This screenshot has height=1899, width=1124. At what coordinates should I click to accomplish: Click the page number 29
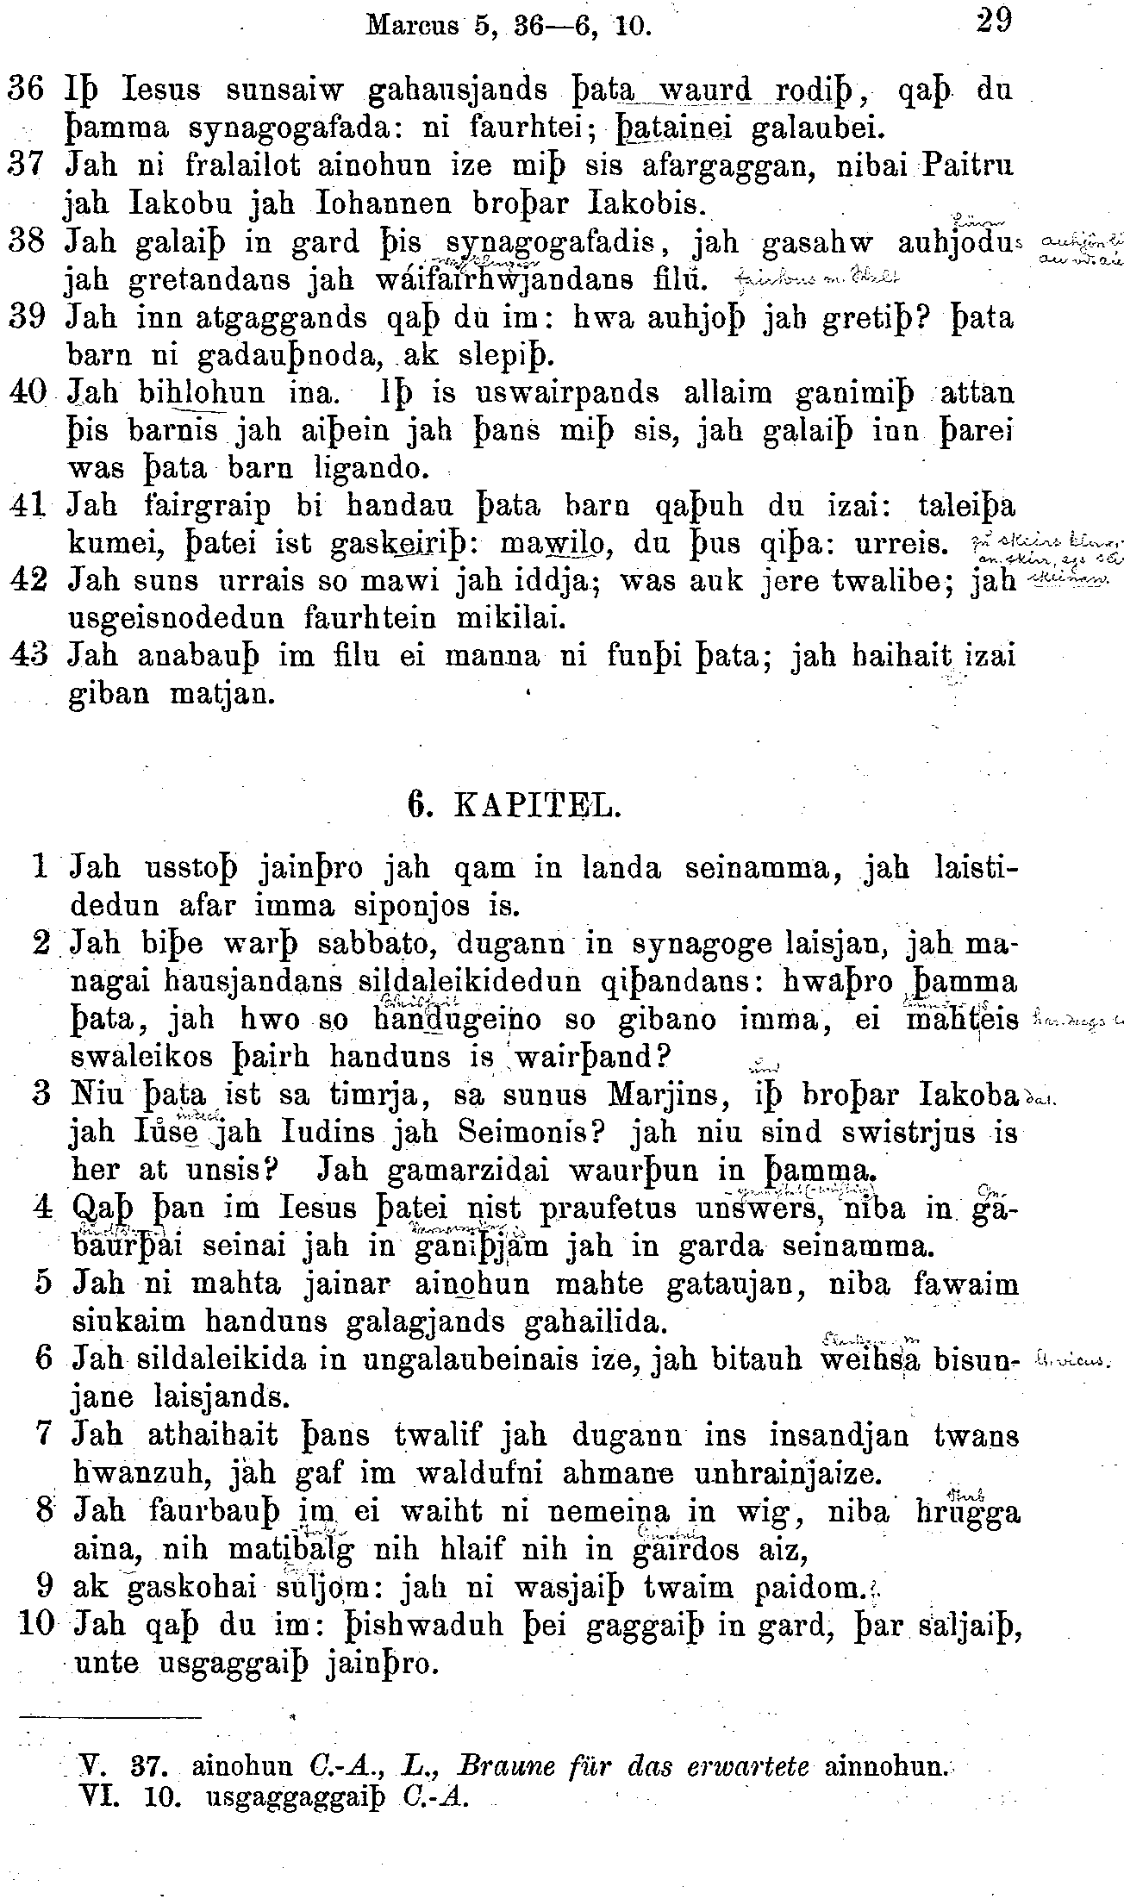coord(993,20)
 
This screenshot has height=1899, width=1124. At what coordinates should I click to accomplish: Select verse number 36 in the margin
coord(26,90)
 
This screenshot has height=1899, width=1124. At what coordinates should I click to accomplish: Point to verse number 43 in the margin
coord(28,656)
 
